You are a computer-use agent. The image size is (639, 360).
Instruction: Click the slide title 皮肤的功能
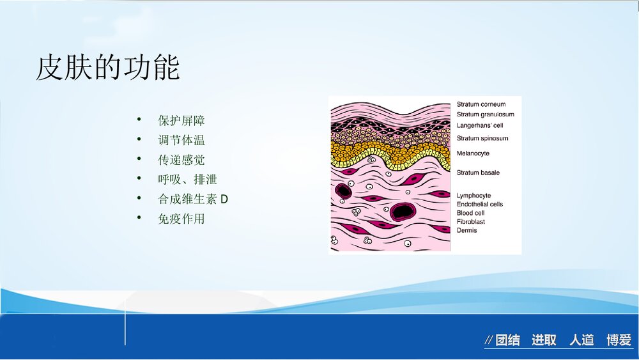(x=108, y=67)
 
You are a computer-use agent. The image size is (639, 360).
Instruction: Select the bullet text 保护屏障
(x=181, y=121)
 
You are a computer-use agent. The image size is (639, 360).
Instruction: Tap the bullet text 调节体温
(x=181, y=140)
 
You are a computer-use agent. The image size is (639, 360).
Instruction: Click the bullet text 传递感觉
(x=181, y=160)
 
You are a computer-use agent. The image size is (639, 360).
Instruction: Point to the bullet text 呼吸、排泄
(x=187, y=180)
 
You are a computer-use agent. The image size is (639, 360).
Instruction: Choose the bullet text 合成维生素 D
(x=193, y=199)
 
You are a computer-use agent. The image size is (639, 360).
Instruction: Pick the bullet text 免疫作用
(x=181, y=219)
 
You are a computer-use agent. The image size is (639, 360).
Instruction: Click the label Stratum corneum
(x=481, y=104)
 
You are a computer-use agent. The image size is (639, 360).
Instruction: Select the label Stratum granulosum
(x=486, y=114)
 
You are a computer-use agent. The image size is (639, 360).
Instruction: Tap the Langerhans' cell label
(x=480, y=125)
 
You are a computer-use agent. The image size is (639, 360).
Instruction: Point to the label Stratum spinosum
(x=482, y=138)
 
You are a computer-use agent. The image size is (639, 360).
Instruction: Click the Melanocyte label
(x=473, y=153)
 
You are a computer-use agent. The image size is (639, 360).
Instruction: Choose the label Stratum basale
(x=478, y=173)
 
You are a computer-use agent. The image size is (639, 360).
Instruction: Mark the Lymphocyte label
(x=473, y=196)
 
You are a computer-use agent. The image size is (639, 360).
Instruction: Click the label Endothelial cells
(x=480, y=204)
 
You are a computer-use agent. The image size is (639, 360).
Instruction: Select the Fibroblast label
(x=471, y=222)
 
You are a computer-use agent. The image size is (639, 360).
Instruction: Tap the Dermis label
(x=466, y=230)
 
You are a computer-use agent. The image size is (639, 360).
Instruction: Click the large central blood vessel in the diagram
(x=403, y=211)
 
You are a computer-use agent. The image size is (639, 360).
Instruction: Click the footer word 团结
(x=508, y=340)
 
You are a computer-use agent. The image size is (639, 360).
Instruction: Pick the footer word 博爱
(x=619, y=340)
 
